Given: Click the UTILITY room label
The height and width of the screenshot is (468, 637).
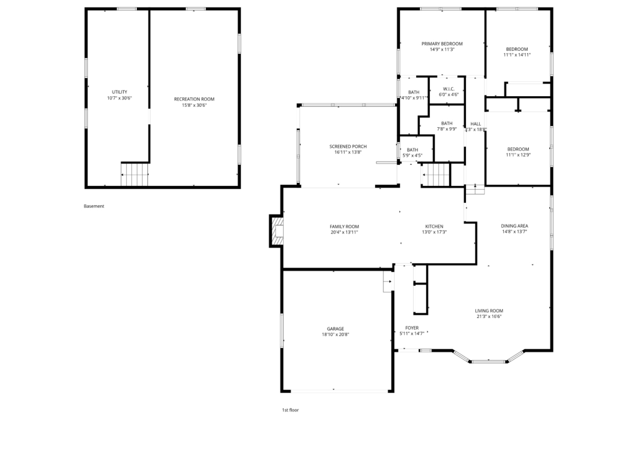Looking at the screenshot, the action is pyautogui.click(x=119, y=92).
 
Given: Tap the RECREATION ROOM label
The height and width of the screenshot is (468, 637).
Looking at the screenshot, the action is pyautogui.click(x=194, y=99).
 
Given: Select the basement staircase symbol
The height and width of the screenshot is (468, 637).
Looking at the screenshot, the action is pyautogui.click(x=135, y=175).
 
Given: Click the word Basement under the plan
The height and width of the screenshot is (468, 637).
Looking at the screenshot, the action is pyautogui.click(x=94, y=206).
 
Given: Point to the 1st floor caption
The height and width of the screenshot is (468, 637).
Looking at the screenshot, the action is pyautogui.click(x=291, y=410).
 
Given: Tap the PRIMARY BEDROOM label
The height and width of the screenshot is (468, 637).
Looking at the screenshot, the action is pyautogui.click(x=442, y=44).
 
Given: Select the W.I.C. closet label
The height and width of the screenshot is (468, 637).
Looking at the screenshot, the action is pyautogui.click(x=449, y=89).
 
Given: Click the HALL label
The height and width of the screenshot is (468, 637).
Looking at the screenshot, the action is pyautogui.click(x=476, y=124).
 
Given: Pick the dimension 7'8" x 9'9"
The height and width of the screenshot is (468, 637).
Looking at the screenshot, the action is pyautogui.click(x=447, y=129).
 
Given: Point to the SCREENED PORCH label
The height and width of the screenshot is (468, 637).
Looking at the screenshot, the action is pyautogui.click(x=348, y=147).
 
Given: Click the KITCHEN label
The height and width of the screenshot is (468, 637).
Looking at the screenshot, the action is pyautogui.click(x=434, y=227).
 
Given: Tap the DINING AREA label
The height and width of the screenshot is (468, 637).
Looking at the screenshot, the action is pyautogui.click(x=514, y=226).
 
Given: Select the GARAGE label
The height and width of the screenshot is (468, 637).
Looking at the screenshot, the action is pyautogui.click(x=335, y=329).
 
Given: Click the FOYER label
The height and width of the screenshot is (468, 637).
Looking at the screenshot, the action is pyautogui.click(x=412, y=328).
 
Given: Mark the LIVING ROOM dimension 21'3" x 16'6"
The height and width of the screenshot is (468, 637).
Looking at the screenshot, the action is pyautogui.click(x=489, y=316).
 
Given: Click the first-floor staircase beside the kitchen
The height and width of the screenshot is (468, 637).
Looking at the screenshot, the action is pyautogui.click(x=435, y=175).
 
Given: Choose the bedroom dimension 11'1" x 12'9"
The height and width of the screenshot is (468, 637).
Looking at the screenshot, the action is pyautogui.click(x=518, y=155).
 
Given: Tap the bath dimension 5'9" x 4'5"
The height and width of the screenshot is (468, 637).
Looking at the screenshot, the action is pyautogui.click(x=413, y=155).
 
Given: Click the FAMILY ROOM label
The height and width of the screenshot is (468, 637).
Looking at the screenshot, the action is pyautogui.click(x=344, y=227).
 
